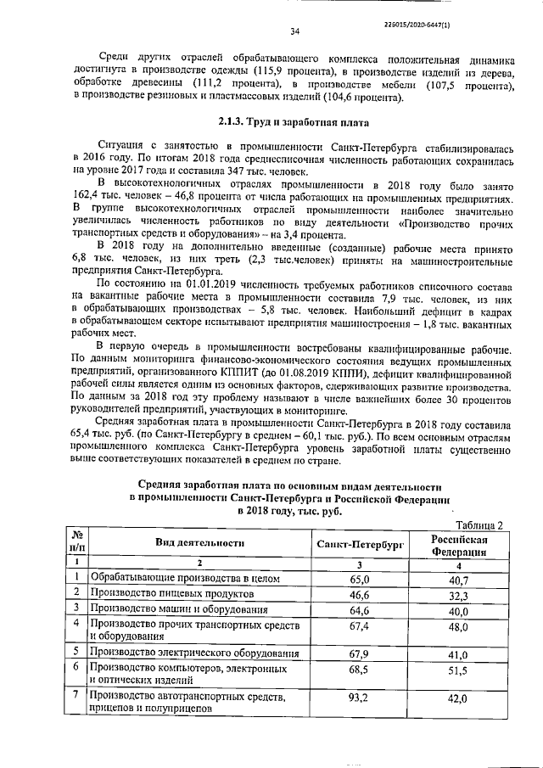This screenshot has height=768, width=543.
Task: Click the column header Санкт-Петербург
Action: coord(360,543)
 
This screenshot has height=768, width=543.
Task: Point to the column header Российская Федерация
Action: coord(458,544)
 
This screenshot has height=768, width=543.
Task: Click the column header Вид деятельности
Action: coord(199,542)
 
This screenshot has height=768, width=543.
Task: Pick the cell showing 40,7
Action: coord(459,580)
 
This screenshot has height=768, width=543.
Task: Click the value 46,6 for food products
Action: coord(359,597)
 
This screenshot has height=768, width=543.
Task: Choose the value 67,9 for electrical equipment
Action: coord(359,654)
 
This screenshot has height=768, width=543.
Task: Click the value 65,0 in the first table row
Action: coord(359,580)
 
